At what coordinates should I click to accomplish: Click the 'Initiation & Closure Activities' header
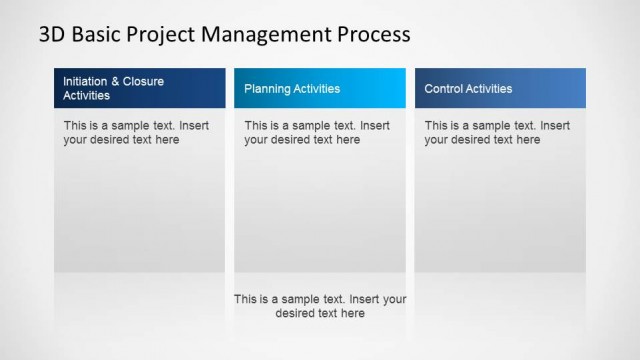[x=139, y=88]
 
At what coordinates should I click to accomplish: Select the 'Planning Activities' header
[x=320, y=88]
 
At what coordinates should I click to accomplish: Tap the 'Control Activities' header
[x=500, y=88]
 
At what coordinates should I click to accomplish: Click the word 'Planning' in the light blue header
[x=266, y=89]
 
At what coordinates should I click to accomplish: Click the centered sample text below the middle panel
[x=320, y=306]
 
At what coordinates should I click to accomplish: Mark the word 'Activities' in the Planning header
[x=316, y=89]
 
